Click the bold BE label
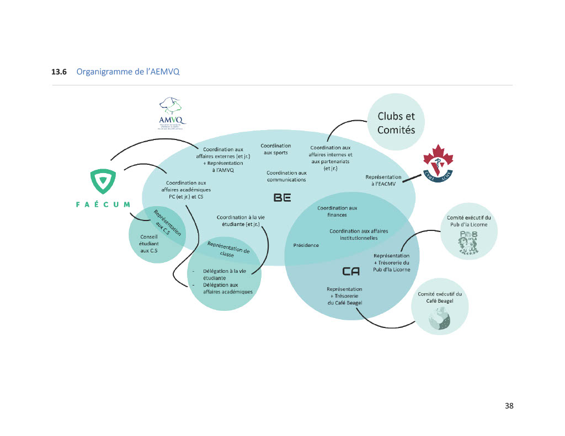click(x=282, y=197)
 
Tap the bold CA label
click(x=351, y=271)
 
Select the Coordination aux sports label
click(x=276, y=149)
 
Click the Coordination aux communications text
click(x=286, y=176)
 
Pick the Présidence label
click(x=306, y=245)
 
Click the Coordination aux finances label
click(x=337, y=211)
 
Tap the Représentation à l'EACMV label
click(x=383, y=180)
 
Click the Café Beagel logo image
click(x=440, y=319)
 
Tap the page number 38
click(x=509, y=406)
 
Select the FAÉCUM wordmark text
click(x=103, y=204)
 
